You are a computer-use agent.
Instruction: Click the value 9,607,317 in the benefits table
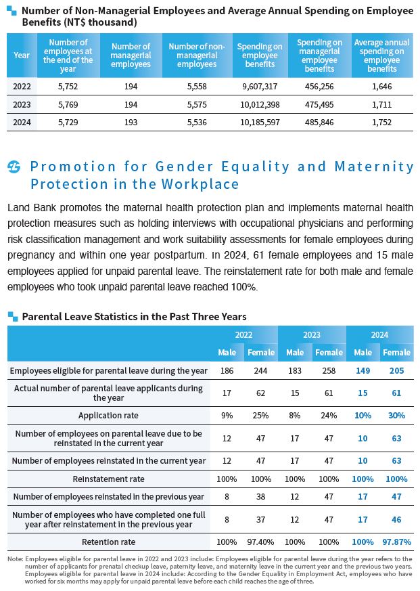point(259,87)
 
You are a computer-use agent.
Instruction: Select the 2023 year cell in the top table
point(22,104)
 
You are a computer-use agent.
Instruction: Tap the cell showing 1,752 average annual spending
point(382,122)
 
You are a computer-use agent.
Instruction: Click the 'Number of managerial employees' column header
point(131,56)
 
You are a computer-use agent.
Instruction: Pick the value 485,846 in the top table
point(319,122)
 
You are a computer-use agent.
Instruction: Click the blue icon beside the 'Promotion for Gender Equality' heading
point(14,167)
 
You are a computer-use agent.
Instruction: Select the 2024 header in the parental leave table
point(379,334)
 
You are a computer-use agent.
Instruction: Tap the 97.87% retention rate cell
point(396,542)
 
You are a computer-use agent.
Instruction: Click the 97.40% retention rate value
point(261,542)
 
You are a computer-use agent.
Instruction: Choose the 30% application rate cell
point(396,415)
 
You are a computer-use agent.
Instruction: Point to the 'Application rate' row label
point(108,415)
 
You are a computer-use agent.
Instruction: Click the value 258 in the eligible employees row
point(329,371)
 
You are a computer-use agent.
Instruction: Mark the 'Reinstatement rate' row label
point(108,479)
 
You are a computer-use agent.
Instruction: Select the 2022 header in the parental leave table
point(244,334)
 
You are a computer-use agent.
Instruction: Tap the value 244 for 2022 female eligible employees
point(261,371)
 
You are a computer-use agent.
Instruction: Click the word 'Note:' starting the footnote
point(15,559)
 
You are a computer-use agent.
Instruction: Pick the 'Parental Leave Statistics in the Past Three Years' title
point(134,316)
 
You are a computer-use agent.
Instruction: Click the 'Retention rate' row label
point(108,542)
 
